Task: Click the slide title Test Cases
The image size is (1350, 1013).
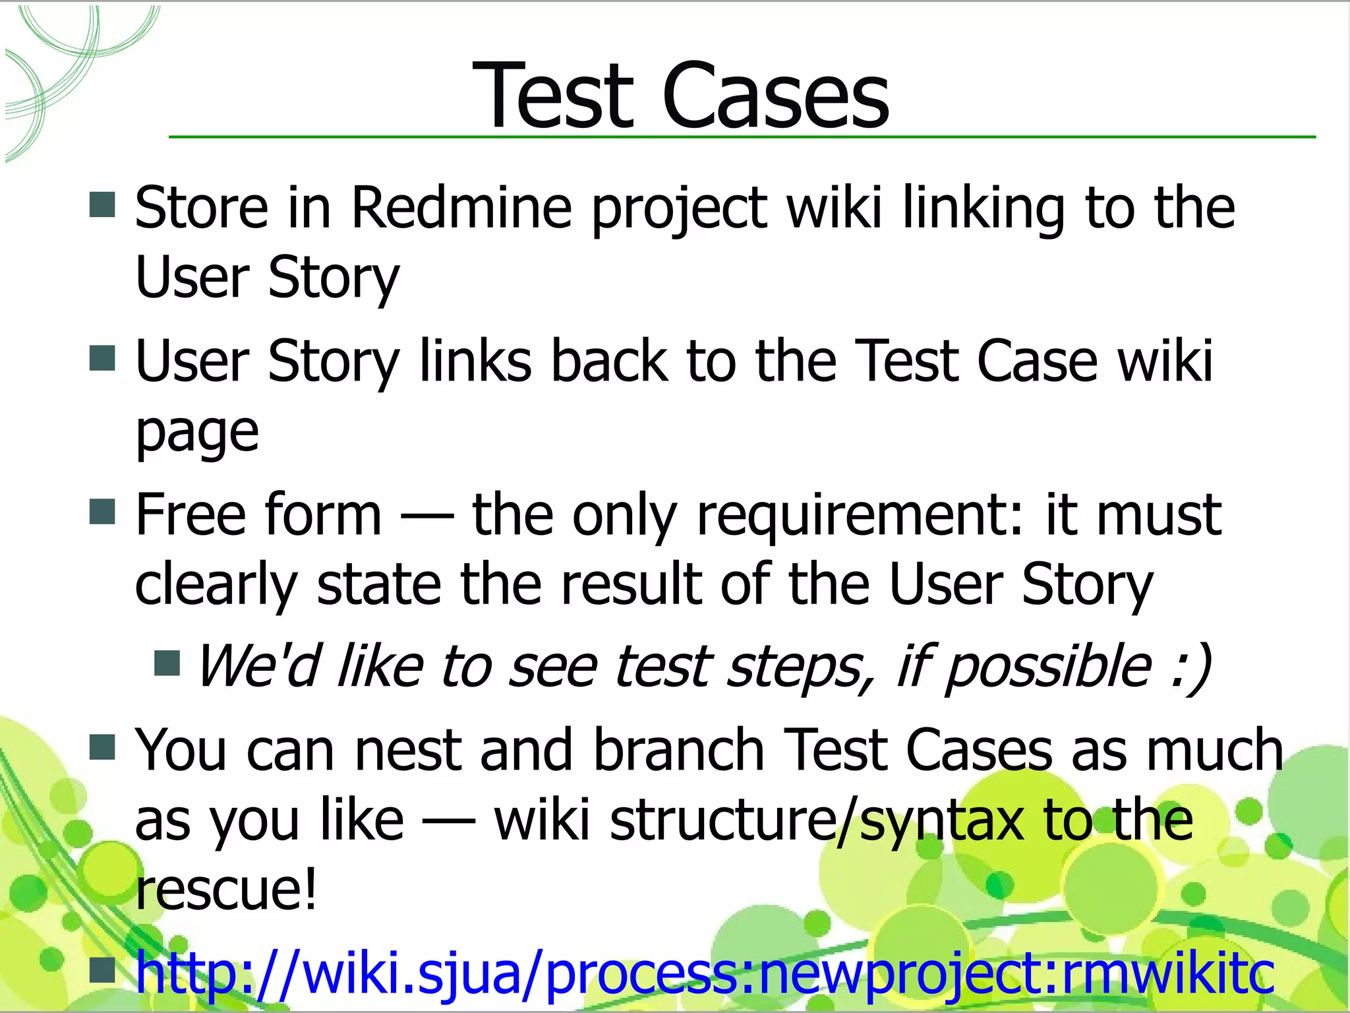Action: (681, 96)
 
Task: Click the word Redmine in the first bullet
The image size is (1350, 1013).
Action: (461, 208)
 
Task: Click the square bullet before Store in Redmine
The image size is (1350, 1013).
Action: (102, 204)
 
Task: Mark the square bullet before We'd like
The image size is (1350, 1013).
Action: (167, 663)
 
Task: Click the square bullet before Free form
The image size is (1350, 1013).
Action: (102, 511)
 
